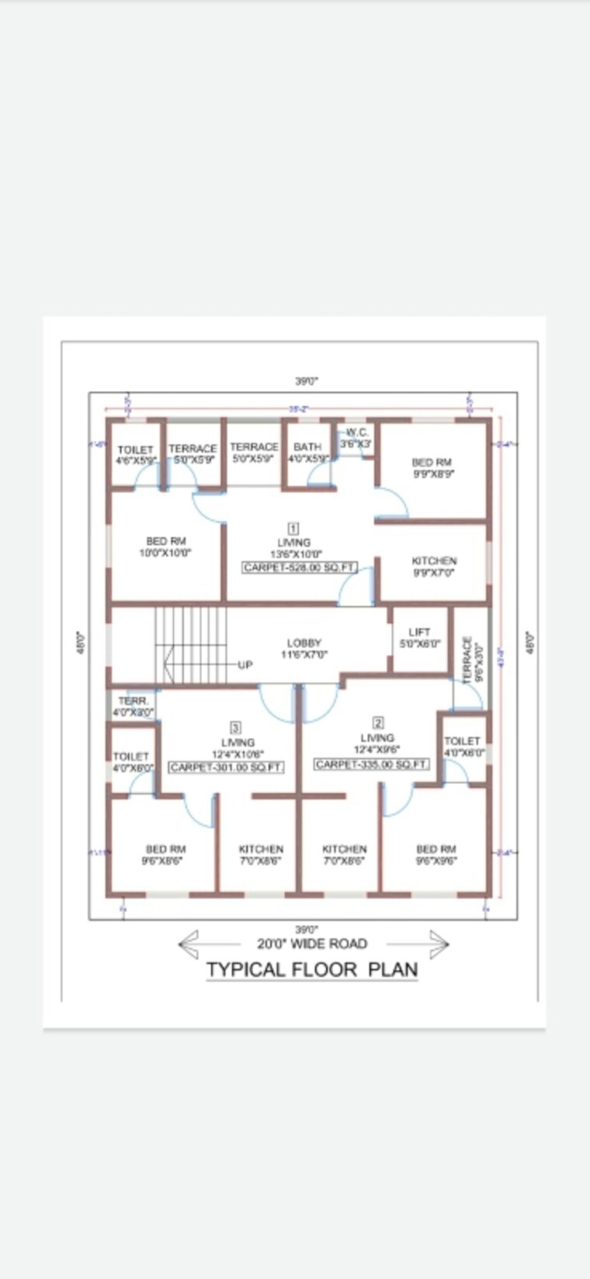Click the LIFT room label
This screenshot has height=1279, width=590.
pyautogui.click(x=419, y=638)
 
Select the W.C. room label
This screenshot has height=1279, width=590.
pyautogui.click(x=356, y=438)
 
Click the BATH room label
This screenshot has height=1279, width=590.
pyautogui.click(x=307, y=452)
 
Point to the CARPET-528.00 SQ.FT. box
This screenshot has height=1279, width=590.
pyautogui.click(x=300, y=567)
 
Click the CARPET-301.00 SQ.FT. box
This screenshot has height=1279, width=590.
pyautogui.click(x=227, y=767)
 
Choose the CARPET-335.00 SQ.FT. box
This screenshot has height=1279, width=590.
pyautogui.click(x=372, y=764)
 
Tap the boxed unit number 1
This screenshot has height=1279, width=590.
pyautogui.click(x=294, y=529)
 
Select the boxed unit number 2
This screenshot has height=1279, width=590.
pyautogui.click(x=378, y=723)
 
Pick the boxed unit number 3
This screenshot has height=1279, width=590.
pyautogui.click(x=236, y=727)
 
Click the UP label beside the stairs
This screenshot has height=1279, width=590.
pyautogui.click(x=245, y=665)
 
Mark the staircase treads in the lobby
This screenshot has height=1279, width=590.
pyautogui.click(x=190, y=644)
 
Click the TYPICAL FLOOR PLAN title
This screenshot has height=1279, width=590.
pyautogui.click(x=312, y=969)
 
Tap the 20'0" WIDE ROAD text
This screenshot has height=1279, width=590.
pyautogui.click(x=312, y=944)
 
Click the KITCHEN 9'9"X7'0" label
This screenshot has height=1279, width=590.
pyautogui.click(x=434, y=567)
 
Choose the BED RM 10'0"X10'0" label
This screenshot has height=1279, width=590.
pyautogui.click(x=166, y=547)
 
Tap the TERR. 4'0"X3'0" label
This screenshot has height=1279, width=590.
pyautogui.click(x=134, y=706)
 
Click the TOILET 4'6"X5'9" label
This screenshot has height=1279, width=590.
pyautogui.click(x=136, y=455)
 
